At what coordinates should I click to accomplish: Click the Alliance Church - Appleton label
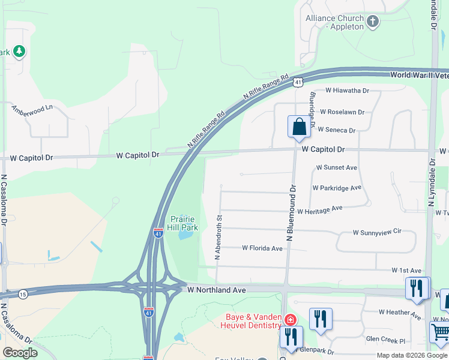point(335,22)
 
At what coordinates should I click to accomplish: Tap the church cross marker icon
point(373,23)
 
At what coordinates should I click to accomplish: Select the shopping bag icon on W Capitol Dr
point(299,127)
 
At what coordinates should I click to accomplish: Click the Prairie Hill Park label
point(184,223)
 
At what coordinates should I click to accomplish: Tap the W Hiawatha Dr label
point(347,91)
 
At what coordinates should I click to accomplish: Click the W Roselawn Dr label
point(342,112)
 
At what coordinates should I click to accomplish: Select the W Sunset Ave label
point(336,167)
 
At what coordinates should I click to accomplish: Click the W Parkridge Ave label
point(337,188)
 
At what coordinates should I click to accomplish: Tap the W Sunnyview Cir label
point(376,232)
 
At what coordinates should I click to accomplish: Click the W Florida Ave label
point(262,248)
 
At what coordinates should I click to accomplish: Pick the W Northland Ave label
point(216,290)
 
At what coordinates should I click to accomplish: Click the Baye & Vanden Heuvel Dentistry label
point(253,321)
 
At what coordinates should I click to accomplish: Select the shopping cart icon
point(441,332)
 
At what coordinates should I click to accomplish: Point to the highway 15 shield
point(23,293)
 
